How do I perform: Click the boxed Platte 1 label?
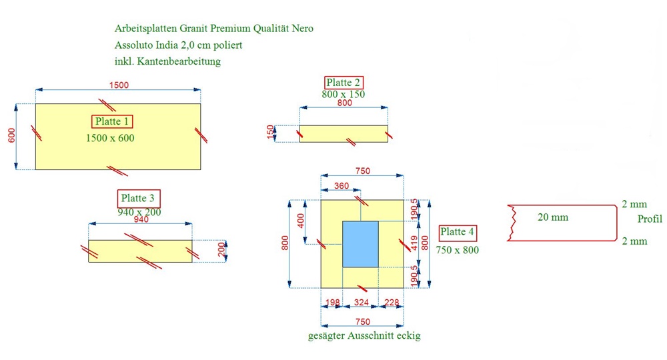point(112,121)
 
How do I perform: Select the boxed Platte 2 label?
point(344,83)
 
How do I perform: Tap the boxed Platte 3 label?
point(138,198)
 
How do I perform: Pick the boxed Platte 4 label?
point(458,232)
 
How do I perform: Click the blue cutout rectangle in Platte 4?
point(360,244)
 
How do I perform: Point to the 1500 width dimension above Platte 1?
point(119,85)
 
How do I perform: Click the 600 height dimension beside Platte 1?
point(11,135)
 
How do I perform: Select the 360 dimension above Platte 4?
point(341,186)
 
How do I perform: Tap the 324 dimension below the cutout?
point(361,302)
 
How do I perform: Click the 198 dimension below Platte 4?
point(333,302)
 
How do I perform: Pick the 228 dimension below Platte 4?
point(392,302)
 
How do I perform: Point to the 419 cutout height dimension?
point(414,243)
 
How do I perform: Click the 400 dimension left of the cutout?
point(301,221)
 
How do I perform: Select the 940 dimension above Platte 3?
point(141,219)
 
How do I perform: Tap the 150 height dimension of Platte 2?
point(270,132)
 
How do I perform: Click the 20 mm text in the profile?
point(553,217)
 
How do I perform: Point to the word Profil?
point(650,219)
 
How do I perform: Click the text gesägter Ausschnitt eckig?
point(364,336)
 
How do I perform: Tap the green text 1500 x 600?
point(110,138)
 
